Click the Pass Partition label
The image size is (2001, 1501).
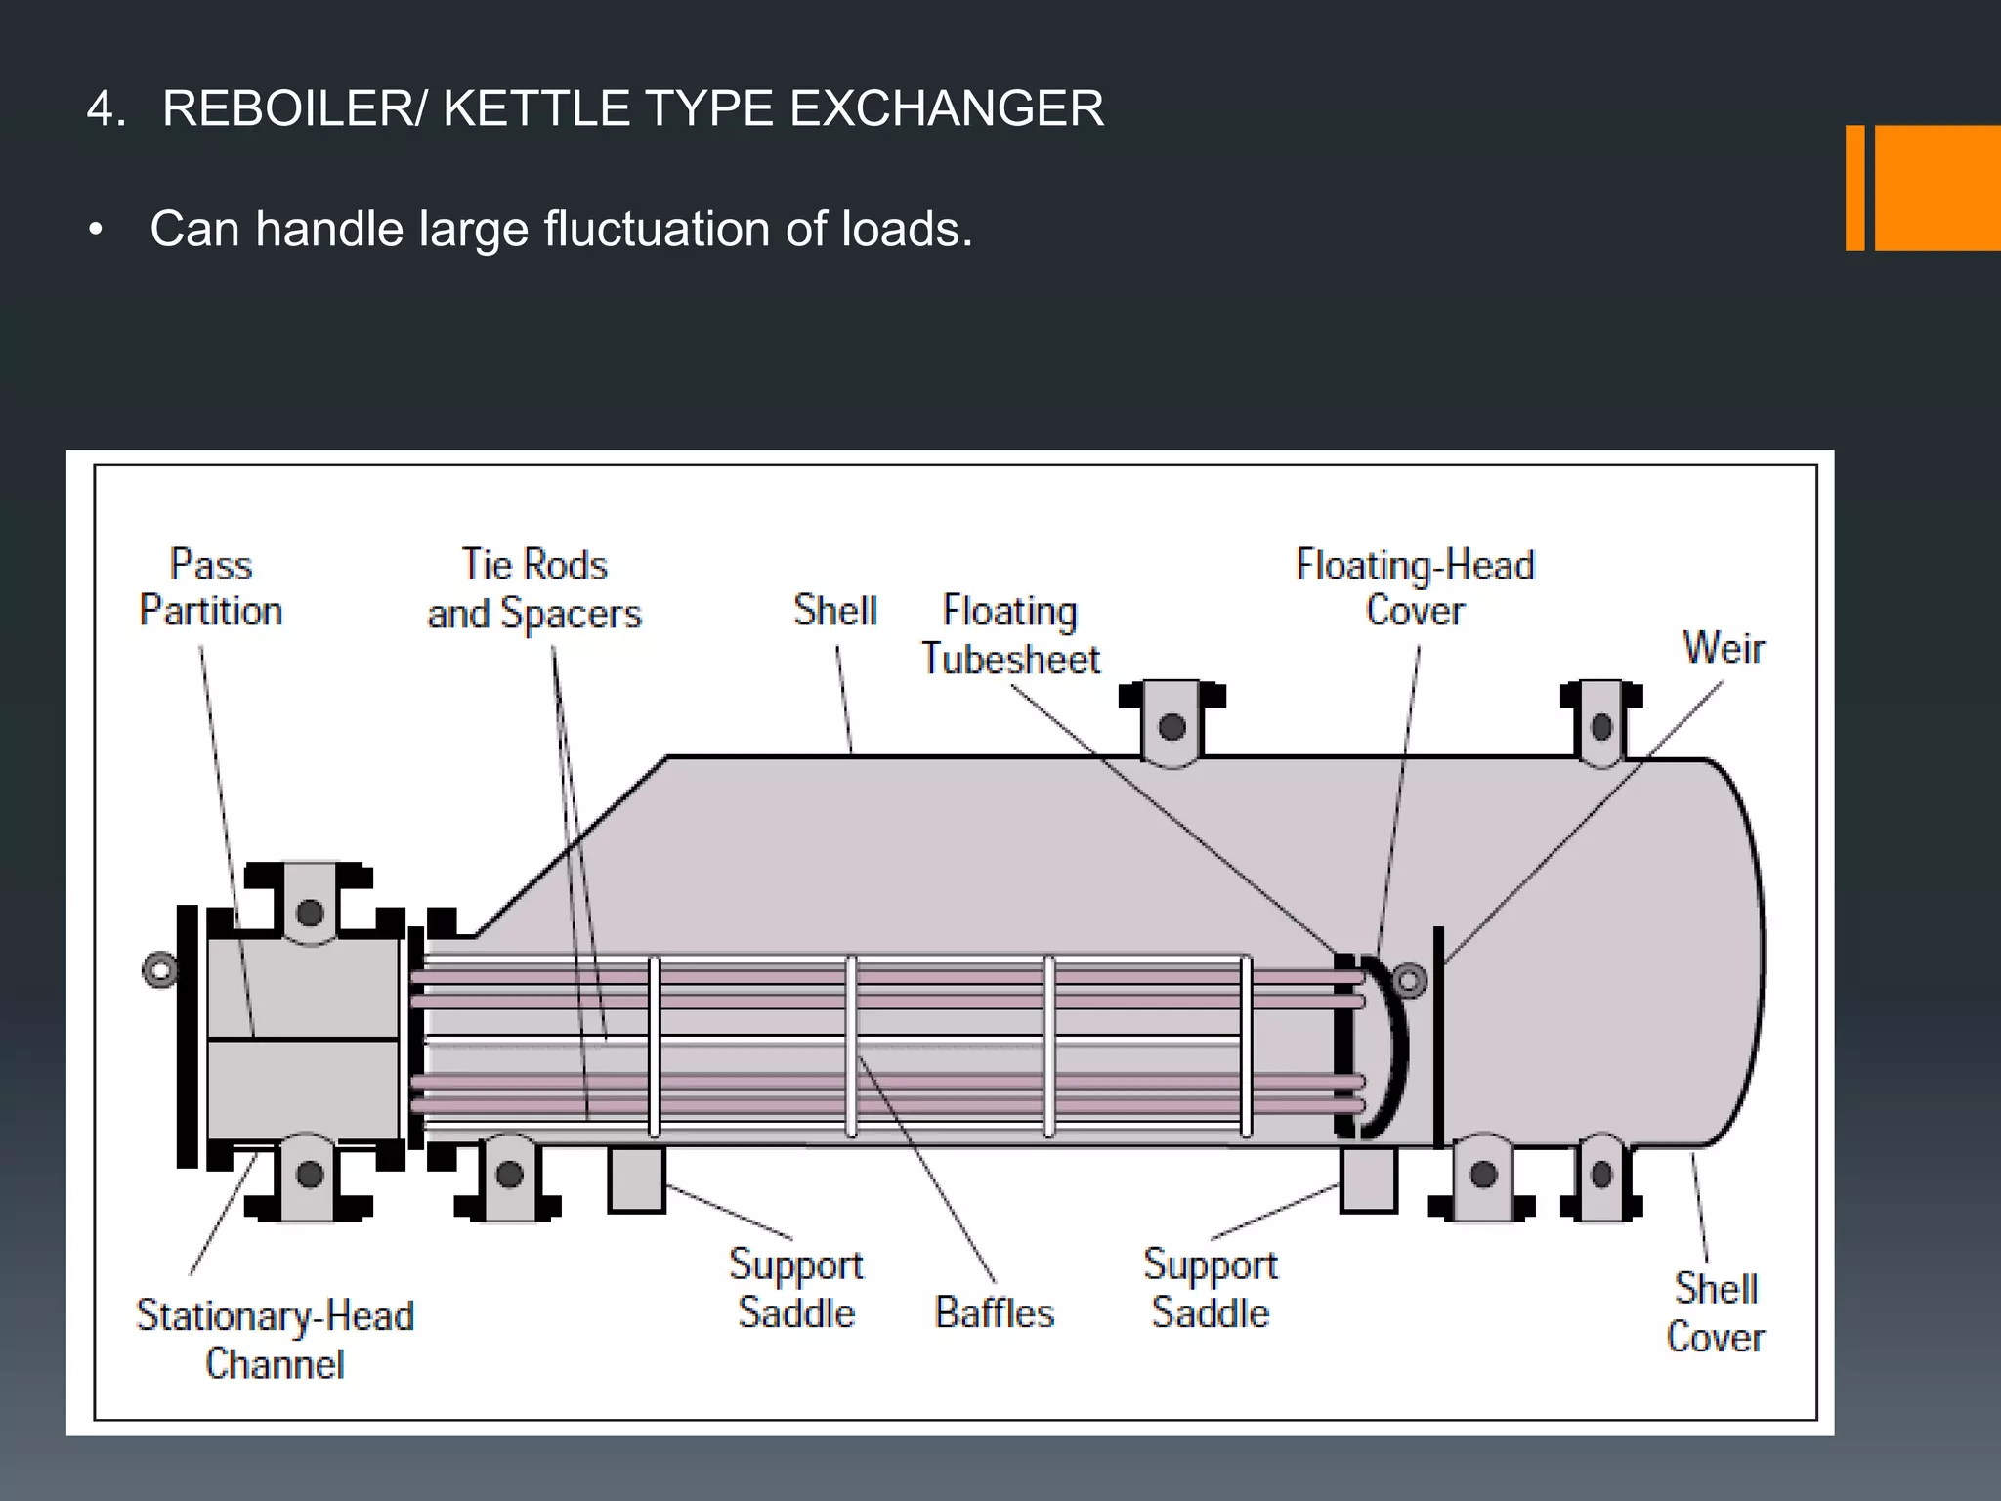pos(211,587)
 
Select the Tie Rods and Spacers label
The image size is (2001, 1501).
pos(534,589)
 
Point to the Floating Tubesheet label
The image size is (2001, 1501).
pos(1010,634)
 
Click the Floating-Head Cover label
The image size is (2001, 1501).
pos(1415,587)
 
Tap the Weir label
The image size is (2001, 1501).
pos(1723,648)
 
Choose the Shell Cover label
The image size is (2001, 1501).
pos(1716,1312)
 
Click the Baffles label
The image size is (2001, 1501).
pos(995,1312)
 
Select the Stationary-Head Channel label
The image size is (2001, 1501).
pos(276,1339)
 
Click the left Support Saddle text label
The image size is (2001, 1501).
pos(796,1288)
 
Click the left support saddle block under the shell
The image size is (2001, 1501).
pos(636,1179)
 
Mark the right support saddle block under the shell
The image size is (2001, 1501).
pos(1368,1179)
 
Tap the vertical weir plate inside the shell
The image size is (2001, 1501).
pos(1438,1036)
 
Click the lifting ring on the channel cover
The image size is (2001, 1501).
pos(160,970)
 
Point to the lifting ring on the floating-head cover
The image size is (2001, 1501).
pos(1409,978)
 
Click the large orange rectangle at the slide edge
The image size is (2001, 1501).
pos(1937,188)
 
